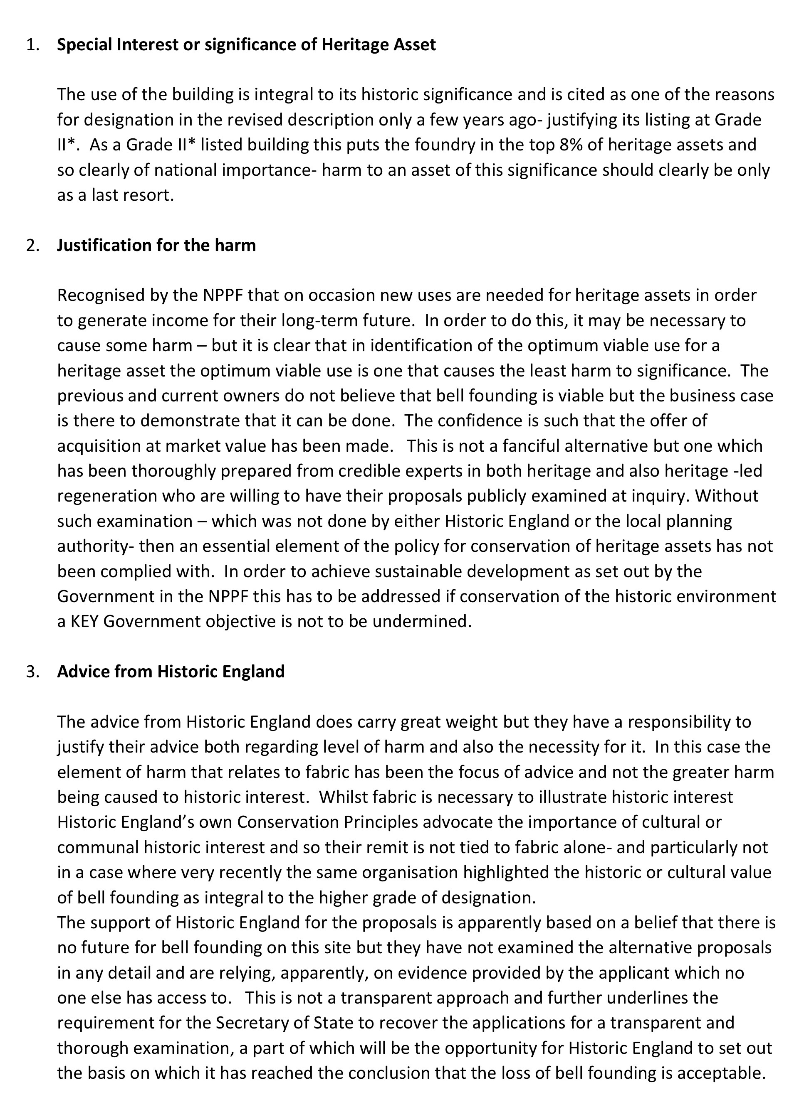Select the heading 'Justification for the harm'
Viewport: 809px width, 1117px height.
pos(156,245)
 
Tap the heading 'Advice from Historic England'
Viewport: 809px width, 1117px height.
pos(171,671)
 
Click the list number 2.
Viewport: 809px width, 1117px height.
pos(32,245)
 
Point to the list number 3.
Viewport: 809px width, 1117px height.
pos(32,671)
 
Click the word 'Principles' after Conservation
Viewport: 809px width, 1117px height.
pos(381,822)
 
